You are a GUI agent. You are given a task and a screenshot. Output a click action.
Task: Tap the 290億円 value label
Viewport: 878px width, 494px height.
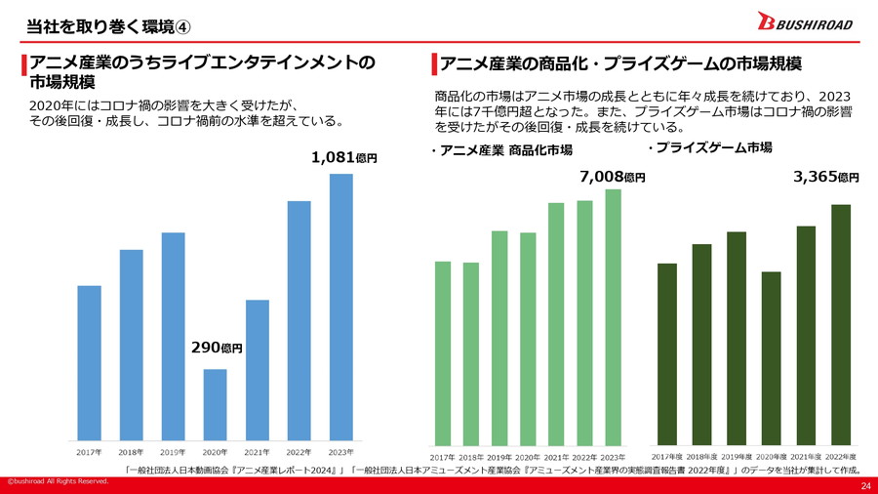(x=216, y=348)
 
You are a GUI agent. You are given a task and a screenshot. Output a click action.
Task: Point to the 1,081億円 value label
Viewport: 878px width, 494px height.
(x=343, y=157)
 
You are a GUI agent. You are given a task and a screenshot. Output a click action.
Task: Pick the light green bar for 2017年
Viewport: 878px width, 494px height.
(x=443, y=351)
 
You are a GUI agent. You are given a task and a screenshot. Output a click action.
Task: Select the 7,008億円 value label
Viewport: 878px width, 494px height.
(x=612, y=177)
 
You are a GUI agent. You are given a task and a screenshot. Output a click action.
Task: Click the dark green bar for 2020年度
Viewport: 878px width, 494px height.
(x=771, y=356)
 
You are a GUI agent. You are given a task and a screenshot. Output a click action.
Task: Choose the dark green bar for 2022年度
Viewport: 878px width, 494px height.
(x=841, y=323)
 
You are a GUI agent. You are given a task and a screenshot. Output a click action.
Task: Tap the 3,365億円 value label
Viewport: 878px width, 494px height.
(x=826, y=177)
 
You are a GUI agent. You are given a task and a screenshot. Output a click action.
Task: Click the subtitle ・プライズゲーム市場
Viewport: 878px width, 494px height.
(x=709, y=147)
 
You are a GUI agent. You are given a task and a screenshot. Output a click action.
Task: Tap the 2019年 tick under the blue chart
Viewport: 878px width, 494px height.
(x=173, y=452)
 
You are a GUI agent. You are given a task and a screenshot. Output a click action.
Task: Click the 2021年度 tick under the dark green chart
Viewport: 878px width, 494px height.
(x=806, y=456)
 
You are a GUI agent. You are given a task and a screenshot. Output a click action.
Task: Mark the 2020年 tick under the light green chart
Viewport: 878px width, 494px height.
(x=528, y=456)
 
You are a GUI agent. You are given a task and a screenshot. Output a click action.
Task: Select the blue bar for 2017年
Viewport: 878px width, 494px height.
(x=89, y=361)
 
